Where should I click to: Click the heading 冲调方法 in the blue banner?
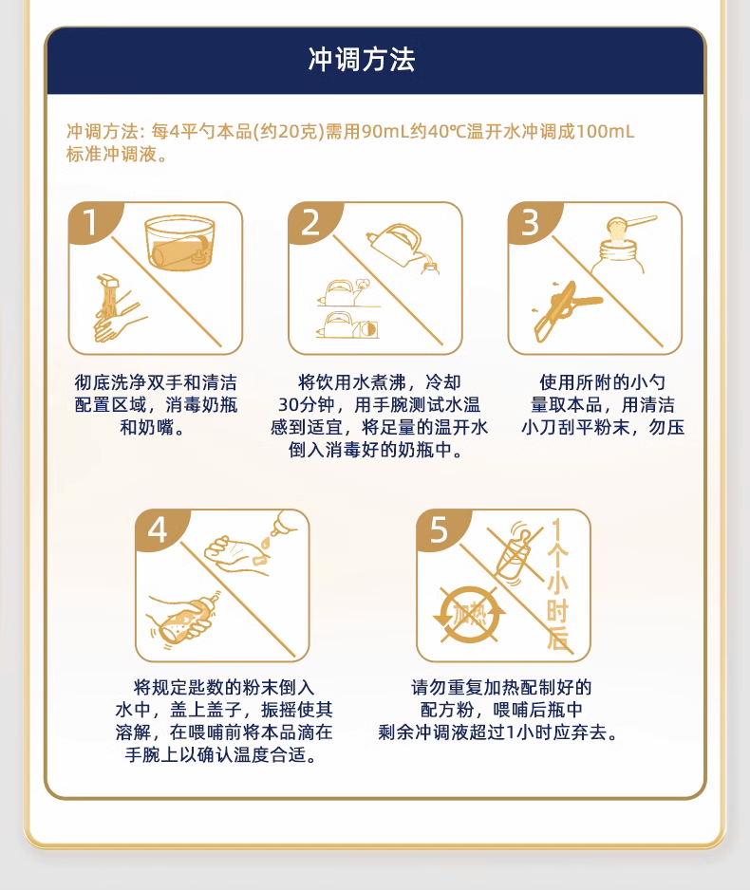pyautogui.click(x=362, y=60)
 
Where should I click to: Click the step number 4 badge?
pyautogui.click(x=158, y=529)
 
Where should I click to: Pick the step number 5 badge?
pyautogui.click(x=439, y=529)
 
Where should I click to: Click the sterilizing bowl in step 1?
pyautogui.click(x=179, y=242)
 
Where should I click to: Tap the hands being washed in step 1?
pyautogui.click(x=118, y=309)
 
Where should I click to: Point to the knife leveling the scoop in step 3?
pyautogui.click(x=567, y=309)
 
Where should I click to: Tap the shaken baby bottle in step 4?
pyautogui.click(x=184, y=621)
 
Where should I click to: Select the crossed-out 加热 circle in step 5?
pyautogui.click(x=469, y=616)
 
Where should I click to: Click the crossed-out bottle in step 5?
pyautogui.click(x=515, y=553)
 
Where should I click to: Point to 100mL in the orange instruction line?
pyautogui.click(x=606, y=132)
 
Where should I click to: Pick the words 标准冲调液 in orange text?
pyautogui.click(x=111, y=155)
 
